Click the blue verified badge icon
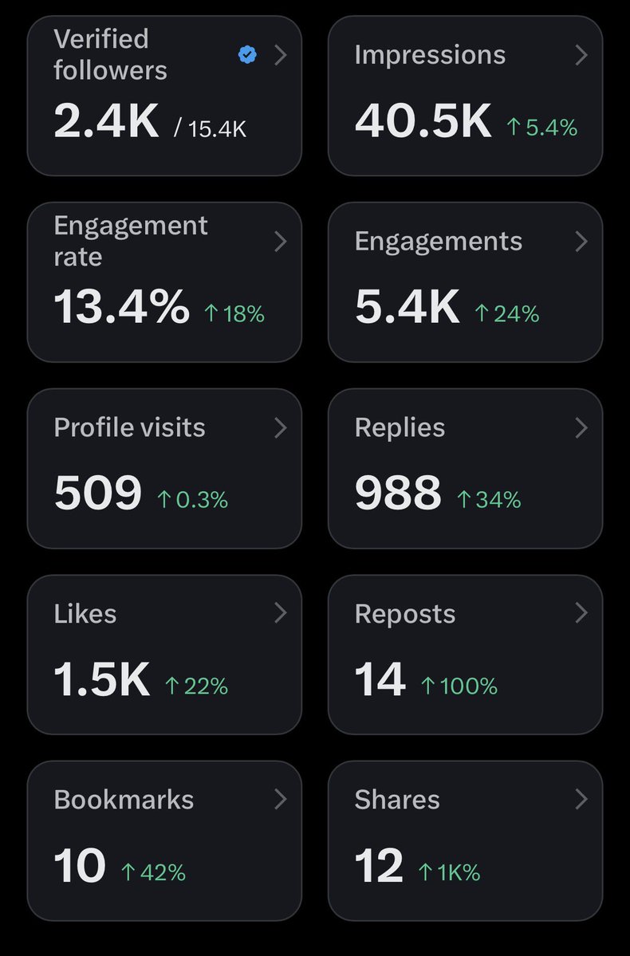(x=248, y=54)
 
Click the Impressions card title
(x=430, y=54)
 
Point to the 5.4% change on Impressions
(x=542, y=128)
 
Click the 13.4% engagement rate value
(x=122, y=307)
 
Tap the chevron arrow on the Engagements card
(x=581, y=242)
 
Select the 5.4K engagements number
(x=407, y=307)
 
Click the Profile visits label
(x=129, y=427)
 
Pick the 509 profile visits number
(x=97, y=494)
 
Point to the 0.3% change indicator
(x=192, y=500)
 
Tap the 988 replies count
(x=397, y=494)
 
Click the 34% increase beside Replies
(x=489, y=500)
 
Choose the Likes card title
(x=85, y=614)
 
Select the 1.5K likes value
(x=101, y=680)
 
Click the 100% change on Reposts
(x=459, y=686)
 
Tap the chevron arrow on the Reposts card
(x=581, y=613)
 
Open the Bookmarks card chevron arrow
(x=280, y=799)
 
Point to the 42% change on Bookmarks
(x=153, y=872)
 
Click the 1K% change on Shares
(x=449, y=872)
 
